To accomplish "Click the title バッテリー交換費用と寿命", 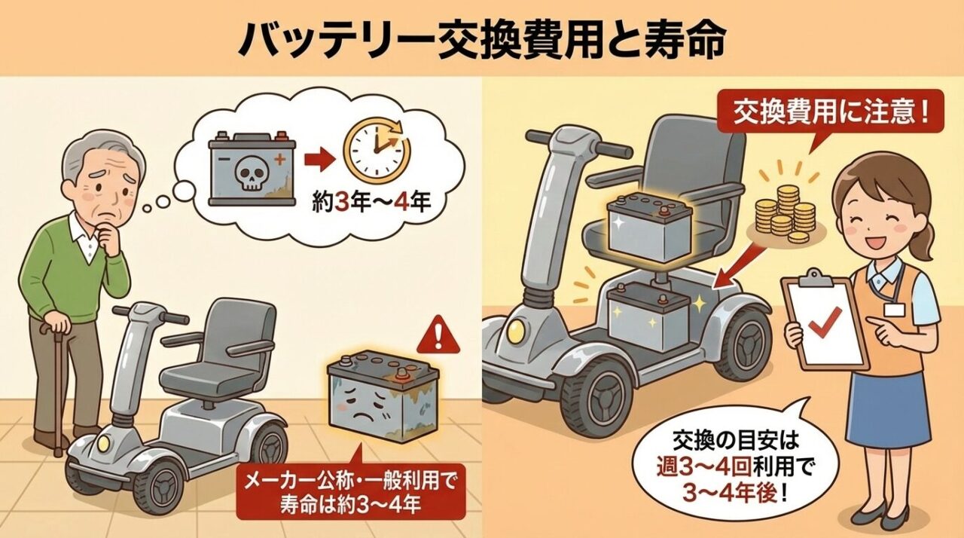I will pyautogui.click(x=482, y=39).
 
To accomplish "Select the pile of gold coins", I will pyautogui.click(x=787, y=212).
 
